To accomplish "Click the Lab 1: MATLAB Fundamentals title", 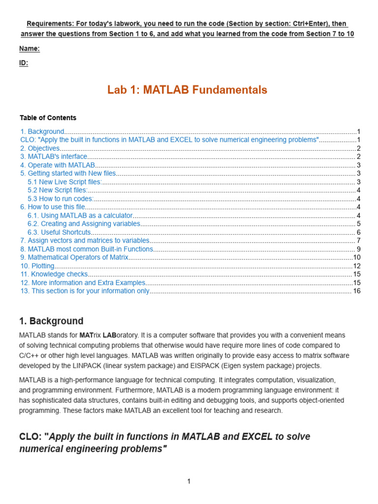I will click(x=187, y=90).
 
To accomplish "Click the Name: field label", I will click(x=30, y=48).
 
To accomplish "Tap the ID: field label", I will click(x=24, y=63).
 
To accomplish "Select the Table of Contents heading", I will click(x=48, y=118).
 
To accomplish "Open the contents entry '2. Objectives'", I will click(x=40, y=148).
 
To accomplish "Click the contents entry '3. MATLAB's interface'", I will click(x=54, y=157).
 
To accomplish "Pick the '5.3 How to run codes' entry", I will click(x=61, y=199).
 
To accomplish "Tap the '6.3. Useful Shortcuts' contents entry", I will click(x=59, y=232).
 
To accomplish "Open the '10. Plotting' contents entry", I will click(x=37, y=266).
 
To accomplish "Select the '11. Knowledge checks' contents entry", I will click(x=54, y=274).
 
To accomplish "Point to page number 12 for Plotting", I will click(x=357, y=266).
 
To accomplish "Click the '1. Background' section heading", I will click(x=51, y=321).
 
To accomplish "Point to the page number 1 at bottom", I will click(x=189, y=481).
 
